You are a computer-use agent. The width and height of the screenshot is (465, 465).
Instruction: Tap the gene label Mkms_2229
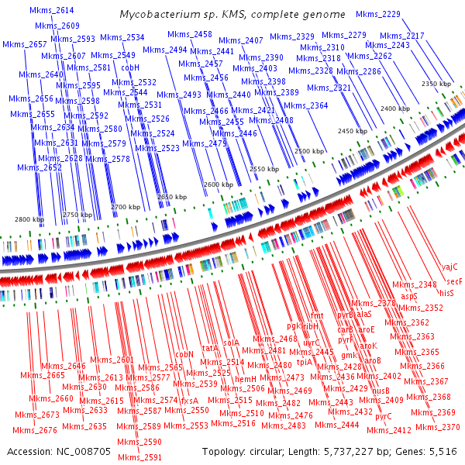pos(379,15)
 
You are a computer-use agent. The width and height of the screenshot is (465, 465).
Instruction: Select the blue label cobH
pos(130,68)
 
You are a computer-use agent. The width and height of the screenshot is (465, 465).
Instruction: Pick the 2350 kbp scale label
pos(436,84)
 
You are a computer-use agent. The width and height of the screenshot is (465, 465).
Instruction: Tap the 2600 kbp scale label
pos(217,185)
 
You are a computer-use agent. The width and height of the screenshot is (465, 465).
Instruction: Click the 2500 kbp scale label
pos(308,150)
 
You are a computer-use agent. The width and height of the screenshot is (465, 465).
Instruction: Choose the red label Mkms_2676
pos(36,430)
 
